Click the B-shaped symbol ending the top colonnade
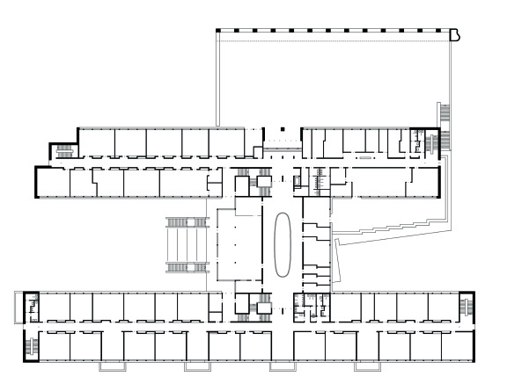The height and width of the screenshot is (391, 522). [455, 35]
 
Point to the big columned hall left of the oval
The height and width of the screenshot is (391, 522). [239, 243]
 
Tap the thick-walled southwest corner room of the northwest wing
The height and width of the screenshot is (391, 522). [50, 182]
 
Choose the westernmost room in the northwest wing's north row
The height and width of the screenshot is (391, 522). [95, 142]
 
